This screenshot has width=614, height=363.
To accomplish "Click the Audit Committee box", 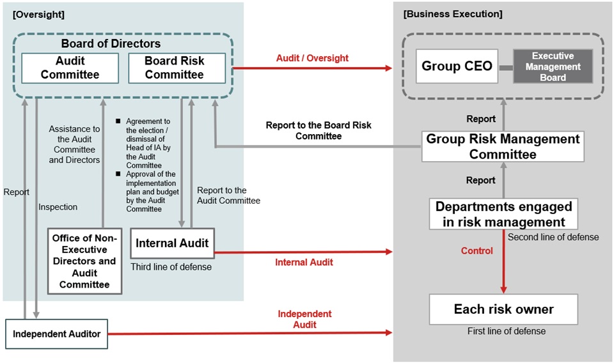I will pyautogui.click(x=70, y=68).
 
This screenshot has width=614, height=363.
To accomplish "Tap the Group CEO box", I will pyautogui.click(x=457, y=66).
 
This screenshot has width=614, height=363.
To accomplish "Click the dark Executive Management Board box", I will pyautogui.click(x=553, y=66).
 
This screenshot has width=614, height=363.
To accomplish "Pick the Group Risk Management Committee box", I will pyautogui.click(x=503, y=146).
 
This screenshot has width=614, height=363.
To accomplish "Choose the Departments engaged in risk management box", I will pyautogui.click(x=503, y=214).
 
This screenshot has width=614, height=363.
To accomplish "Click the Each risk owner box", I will pyautogui.click(x=503, y=309).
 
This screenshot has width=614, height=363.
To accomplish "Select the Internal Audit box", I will pyautogui.click(x=172, y=243).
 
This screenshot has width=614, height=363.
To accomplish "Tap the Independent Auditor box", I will pyautogui.click(x=56, y=333).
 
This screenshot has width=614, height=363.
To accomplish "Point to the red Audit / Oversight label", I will pyautogui.click(x=312, y=58).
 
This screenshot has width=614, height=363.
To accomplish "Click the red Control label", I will pyautogui.click(x=476, y=251).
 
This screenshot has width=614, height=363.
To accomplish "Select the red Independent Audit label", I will pyautogui.click(x=304, y=319).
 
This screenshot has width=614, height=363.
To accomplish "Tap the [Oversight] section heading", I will pyautogui.click(x=38, y=14).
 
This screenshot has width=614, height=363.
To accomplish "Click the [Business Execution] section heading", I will pyautogui.click(x=452, y=14).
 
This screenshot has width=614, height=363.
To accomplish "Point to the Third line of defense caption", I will pyautogui.click(x=171, y=267).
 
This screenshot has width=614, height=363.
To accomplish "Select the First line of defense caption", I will pyautogui.click(x=506, y=331).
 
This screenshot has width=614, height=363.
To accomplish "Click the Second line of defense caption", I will pyautogui.click(x=553, y=237).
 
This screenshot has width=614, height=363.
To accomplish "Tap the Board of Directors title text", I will pyautogui.click(x=111, y=43).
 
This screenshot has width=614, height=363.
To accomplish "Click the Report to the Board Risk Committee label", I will pyautogui.click(x=318, y=130).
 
